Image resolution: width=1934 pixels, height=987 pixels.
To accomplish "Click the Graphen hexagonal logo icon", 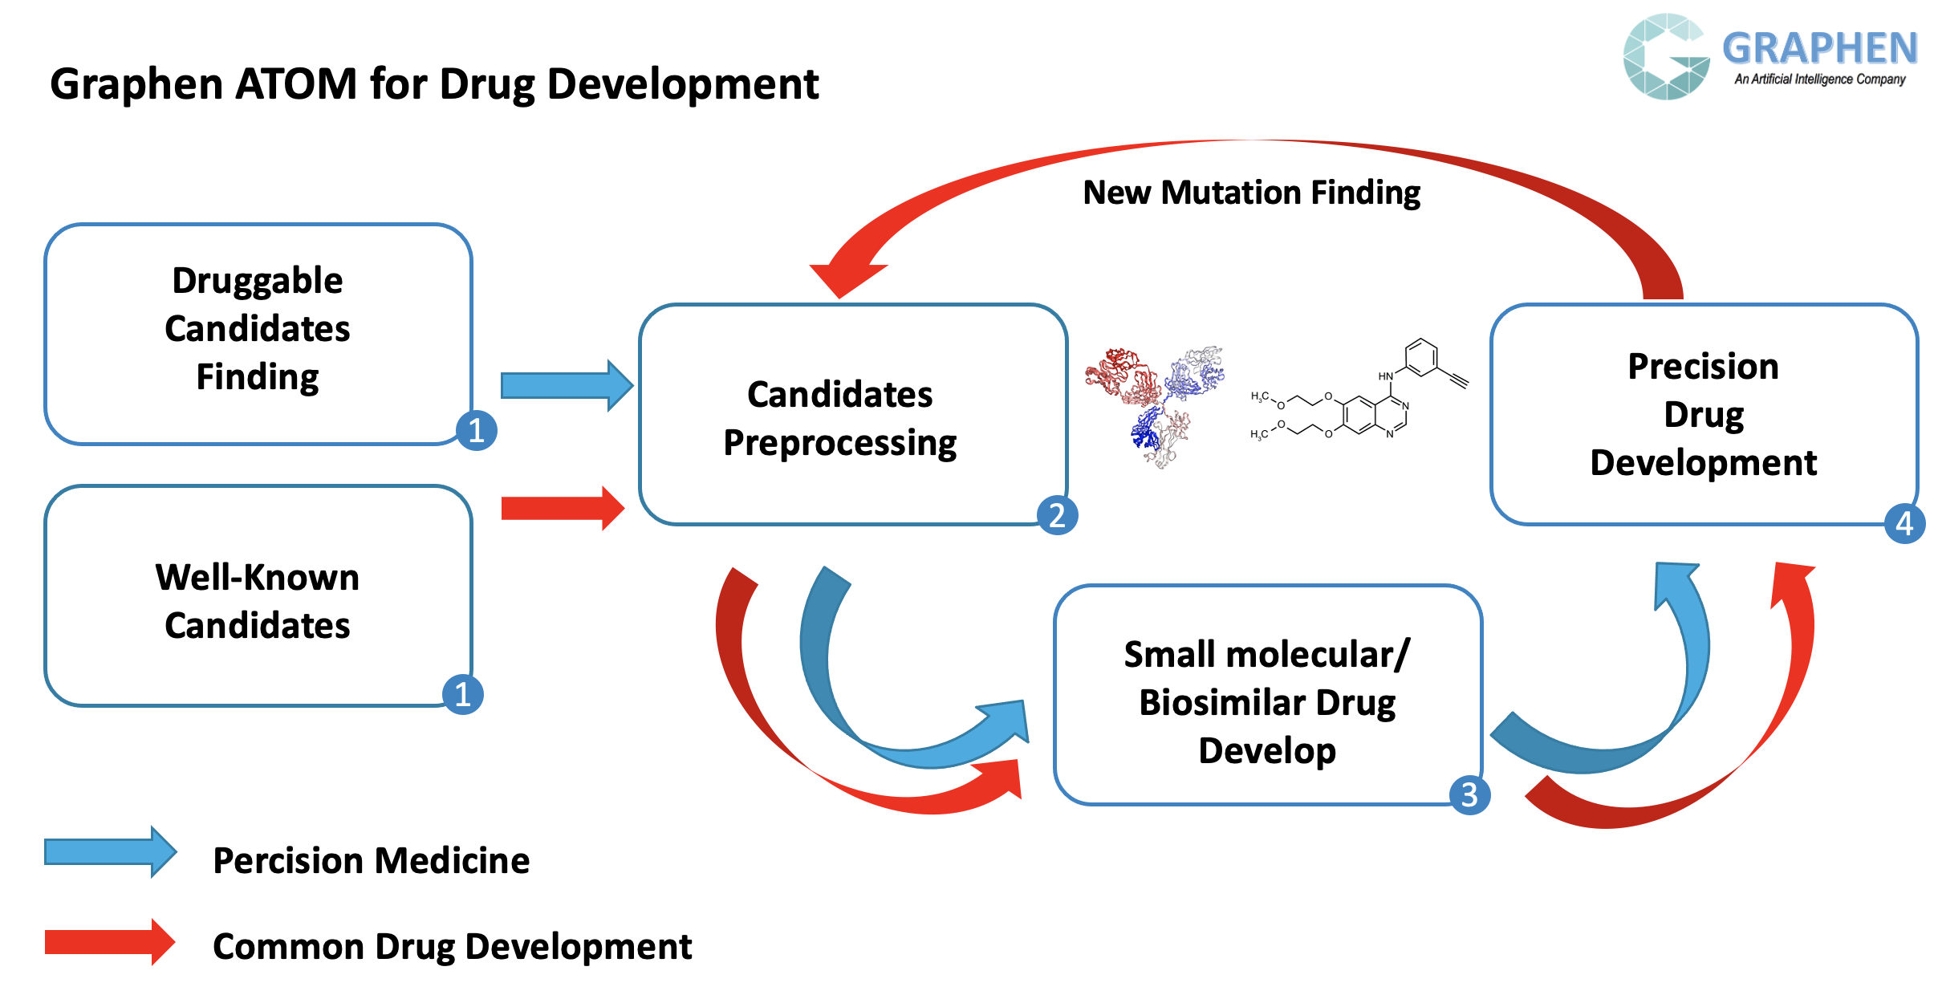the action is click(x=1666, y=56).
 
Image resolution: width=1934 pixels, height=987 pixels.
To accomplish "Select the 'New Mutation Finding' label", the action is click(x=1251, y=193).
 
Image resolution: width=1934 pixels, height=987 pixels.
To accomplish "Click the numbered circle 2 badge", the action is click(x=1057, y=515).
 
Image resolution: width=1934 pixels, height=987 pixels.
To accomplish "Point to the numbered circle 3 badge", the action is click(x=1469, y=795).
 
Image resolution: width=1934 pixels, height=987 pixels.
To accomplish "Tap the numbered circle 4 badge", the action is click(x=1904, y=524).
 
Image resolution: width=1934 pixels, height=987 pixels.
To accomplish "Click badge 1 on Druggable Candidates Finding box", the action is click(x=477, y=431).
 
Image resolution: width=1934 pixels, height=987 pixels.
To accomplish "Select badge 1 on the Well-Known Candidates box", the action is click(x=463, y=694).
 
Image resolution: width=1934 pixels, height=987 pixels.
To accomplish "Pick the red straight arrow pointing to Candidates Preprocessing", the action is click(x=563, y=508).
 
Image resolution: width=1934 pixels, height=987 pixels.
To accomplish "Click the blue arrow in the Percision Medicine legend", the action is click(x=111, y=852).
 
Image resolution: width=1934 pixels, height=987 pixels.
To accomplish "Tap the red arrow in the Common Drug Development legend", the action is click(x=110, y=942).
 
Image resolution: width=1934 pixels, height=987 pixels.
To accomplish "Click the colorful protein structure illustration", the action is click(x=1156, y=406).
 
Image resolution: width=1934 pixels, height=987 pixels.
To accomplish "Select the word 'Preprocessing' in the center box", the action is click(x=840, y=443).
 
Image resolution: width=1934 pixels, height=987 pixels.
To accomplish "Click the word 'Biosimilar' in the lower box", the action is click(x=1222, y=702).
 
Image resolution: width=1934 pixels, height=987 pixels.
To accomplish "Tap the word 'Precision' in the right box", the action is click(x=1704, y=366).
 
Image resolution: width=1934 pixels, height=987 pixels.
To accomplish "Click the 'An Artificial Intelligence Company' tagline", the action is click(x=1820, y=79).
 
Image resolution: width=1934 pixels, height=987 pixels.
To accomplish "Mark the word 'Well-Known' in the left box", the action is click(x=258, y=577).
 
